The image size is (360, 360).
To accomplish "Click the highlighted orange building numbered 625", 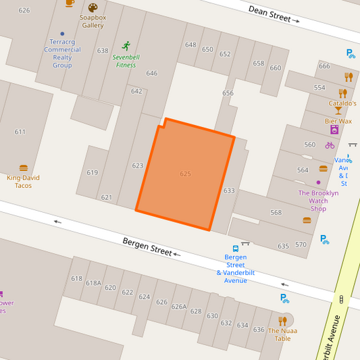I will tap(185, 174).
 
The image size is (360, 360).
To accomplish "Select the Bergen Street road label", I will tap(147, 246).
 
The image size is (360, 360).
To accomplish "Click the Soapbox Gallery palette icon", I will tap(93, 8).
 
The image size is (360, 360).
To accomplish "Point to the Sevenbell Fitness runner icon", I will tap(126, 45).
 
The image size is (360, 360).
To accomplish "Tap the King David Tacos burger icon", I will tap(24, 168).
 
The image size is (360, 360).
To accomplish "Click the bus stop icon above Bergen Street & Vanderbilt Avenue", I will tap(235, 248).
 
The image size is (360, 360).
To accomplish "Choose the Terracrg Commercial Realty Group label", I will tap(62, 53).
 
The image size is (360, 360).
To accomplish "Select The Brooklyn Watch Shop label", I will tap(318, 201).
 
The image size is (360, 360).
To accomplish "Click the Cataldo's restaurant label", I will tap(342, 103).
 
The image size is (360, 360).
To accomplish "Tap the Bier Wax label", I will tap(338, 122).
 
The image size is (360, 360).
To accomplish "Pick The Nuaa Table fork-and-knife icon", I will tap(283, 321).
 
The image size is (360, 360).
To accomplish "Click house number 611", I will tap(20, 132).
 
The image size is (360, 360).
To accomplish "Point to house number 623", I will tap(138, 165).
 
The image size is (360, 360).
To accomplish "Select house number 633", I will tap(229, 191).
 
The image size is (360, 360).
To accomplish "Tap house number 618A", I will tap(93, 284).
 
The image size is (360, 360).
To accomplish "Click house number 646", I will tap(152, 74).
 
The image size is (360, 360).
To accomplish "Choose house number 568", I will tap(276, 213).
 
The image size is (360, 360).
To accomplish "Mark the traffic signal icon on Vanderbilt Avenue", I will tap(341, 299).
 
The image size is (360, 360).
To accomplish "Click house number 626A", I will tap(178, 307).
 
